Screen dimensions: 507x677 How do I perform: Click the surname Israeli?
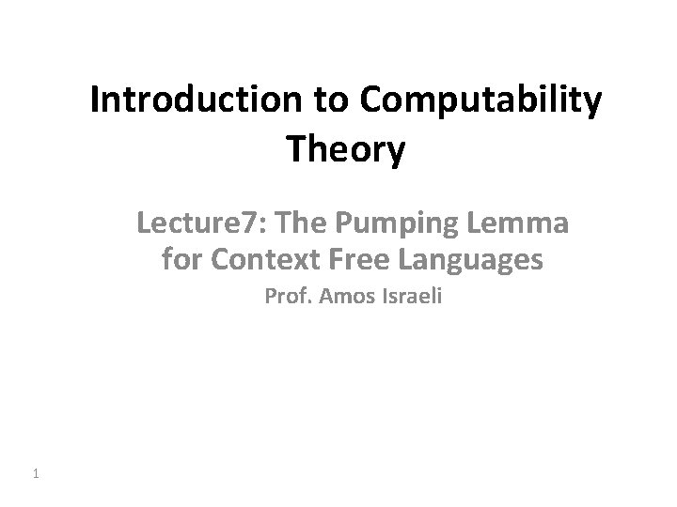(406, 299)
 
